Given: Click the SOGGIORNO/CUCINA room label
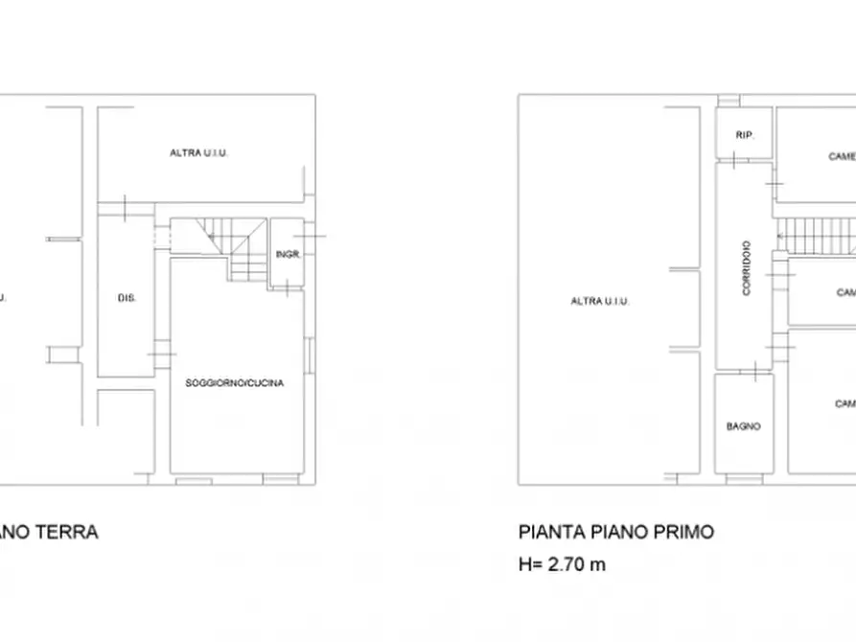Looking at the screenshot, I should [x=235, y=383].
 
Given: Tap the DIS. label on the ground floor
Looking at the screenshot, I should [x=127, y=299].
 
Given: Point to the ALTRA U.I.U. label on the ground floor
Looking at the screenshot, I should [x=198, y=153].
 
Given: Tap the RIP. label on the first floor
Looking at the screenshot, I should [x=745, y=136].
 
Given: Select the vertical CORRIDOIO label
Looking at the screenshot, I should [x=746, y=267].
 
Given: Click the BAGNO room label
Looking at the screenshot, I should [x=744, y=426].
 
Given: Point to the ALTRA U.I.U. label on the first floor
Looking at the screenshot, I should [x=600, y=301].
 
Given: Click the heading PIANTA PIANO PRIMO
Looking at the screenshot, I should [x=615, y=532].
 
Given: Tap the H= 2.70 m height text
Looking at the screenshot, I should [x=562, y=564].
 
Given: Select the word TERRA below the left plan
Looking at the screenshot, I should [x=68, y=532].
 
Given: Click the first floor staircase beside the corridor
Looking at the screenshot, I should [x=815, y=230].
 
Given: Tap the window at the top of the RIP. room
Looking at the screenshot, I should [x=730, y=100].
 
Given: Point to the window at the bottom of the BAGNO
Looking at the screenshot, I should [x=746, y=478].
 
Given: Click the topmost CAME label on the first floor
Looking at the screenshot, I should [x=841, y=156].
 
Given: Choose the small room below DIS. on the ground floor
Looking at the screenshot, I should [x=126, y=431].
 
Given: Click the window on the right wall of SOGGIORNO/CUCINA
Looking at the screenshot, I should [x=309, y=355].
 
